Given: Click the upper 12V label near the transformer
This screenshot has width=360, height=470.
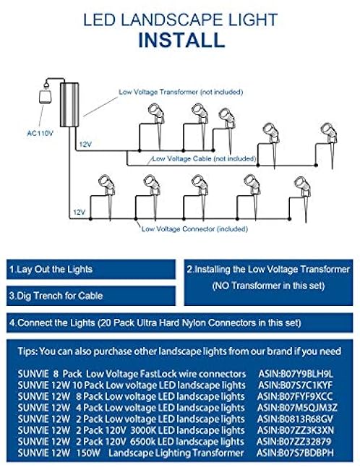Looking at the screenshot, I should (85, 145).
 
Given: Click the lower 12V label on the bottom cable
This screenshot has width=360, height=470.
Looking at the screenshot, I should (78, 212).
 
